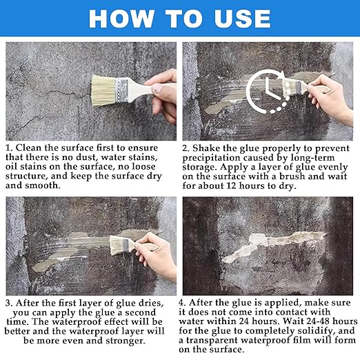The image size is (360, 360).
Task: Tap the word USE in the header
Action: point(242,19)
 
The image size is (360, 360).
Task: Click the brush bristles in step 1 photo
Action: point(103,90)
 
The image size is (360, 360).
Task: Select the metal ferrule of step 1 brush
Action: point(122,90)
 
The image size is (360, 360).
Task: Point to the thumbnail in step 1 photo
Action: point(157,88)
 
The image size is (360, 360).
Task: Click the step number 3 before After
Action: point(8,303)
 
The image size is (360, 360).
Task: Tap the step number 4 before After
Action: point(182,303)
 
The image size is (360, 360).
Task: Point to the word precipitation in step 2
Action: point(211,158)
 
